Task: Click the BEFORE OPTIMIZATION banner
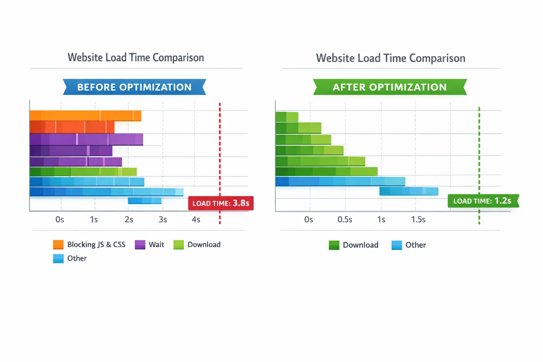[134, 87]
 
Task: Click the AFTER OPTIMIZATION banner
[390, 87]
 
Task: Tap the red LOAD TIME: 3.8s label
[221, 203]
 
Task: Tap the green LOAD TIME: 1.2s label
[482, 201]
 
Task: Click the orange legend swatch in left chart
[58, 245]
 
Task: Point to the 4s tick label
[196, 220]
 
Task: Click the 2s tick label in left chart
[129, 220]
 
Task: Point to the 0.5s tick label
[345, 220]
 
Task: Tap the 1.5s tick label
[418, 220]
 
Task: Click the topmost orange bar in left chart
[86, 116]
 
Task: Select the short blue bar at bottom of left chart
[145, 200]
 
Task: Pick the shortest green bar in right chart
[287, 117]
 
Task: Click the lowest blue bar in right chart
[409, 191]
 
